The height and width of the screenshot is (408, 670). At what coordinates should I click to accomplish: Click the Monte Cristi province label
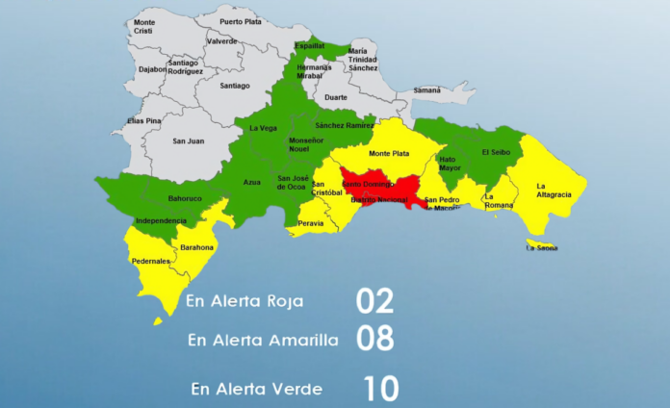tap(144, 26)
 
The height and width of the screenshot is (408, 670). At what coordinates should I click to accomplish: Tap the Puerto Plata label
tap(239, 21)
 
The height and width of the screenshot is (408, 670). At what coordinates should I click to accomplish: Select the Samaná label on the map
tap(426, 90)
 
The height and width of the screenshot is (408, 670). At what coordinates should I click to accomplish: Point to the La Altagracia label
tap(554, 190)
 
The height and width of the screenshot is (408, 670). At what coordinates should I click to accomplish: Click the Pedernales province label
tap(151, 262)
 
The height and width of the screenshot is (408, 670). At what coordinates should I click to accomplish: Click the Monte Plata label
tap(389, 153)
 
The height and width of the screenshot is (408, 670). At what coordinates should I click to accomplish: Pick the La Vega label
tap(263, 128)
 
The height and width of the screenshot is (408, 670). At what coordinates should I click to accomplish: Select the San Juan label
tap(188, 141)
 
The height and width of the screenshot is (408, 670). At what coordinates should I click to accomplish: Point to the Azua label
tap(252, 182)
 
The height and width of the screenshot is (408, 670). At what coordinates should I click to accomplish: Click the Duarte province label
tap(336, 97)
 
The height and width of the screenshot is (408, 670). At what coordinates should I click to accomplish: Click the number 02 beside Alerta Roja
tap(375, 301)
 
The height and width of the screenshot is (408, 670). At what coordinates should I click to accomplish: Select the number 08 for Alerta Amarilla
tap(375, 339)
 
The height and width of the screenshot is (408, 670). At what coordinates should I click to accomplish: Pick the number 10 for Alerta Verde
tap(380, 389)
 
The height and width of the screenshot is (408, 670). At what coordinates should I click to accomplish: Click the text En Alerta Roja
tap(245, 301)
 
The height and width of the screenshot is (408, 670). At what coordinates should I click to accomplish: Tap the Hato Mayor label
tap(449, 164)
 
